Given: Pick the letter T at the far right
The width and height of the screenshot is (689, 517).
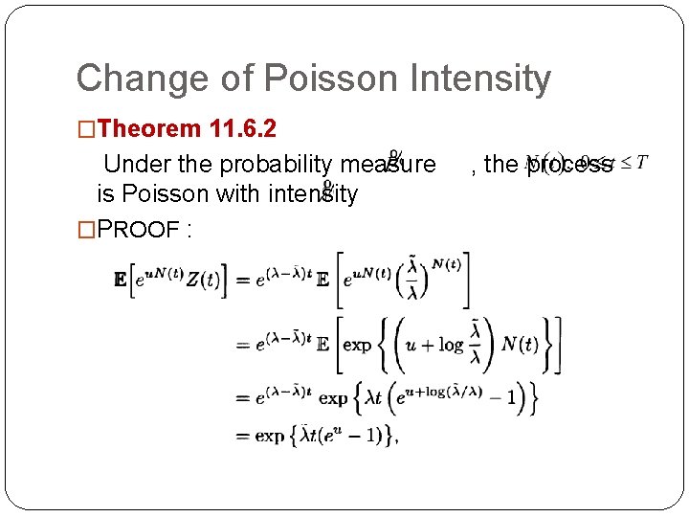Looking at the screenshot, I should tap(641, 160).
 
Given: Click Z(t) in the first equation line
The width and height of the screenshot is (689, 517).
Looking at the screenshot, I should tap(203, 280).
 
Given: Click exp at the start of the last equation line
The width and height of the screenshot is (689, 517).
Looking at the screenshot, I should tap(269, 436).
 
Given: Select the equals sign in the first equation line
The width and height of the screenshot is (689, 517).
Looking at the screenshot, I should tap(242, 280).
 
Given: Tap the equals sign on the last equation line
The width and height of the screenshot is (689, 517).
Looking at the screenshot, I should tap(242, 436).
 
